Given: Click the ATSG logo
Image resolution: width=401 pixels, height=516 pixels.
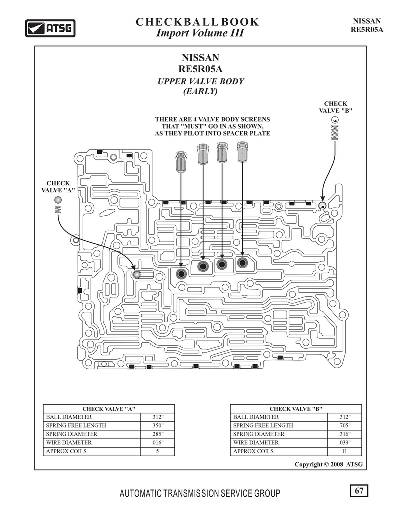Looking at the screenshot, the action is [50, 28].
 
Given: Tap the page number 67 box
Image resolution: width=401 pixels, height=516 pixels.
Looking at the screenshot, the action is [359, 491].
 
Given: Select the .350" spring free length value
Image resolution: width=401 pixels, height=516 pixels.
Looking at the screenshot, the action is [157, 425].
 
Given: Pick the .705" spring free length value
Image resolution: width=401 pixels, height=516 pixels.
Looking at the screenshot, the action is [344, 425].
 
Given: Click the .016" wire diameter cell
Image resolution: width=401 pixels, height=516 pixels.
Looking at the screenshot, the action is [157, 443].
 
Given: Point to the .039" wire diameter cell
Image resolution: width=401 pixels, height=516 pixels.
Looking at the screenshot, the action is [344, 443].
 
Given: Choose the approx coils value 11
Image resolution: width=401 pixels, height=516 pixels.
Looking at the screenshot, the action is [344, 451].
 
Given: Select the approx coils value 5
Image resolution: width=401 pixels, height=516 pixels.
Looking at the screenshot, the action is [157, 451].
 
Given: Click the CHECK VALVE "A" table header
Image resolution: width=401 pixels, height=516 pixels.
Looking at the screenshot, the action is [109, 409].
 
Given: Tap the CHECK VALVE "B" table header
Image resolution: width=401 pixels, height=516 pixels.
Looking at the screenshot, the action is [296, 409].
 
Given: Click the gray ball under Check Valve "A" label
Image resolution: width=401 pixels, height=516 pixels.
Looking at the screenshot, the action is [58, 200].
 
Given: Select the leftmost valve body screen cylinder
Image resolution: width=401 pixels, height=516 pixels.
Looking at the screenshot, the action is [181, 161].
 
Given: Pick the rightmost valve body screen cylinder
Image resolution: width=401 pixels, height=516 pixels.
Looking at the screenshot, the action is [243, 152].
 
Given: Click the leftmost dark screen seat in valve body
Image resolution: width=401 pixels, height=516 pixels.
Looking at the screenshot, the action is [181, 273].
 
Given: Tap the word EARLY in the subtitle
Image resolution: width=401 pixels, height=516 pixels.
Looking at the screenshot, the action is [200, 91].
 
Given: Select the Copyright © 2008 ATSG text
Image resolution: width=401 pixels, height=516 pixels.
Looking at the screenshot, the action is [329, 464].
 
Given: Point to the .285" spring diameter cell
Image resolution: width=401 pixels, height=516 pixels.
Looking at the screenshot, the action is [157, 434].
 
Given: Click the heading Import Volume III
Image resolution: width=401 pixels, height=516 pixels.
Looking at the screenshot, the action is [200, 33].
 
